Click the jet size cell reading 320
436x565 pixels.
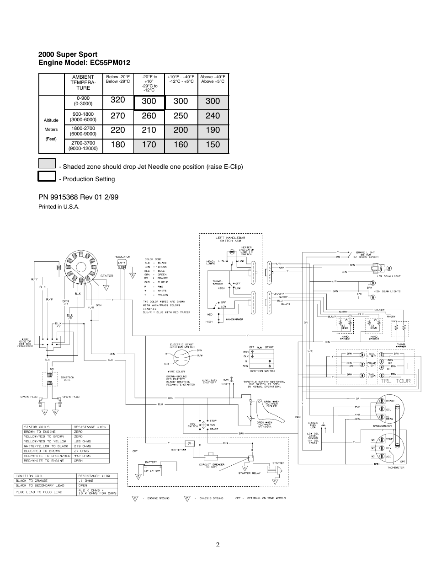tap(117, 102)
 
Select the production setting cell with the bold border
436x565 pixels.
tap(149, 102)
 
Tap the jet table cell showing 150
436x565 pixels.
tap(213, 145)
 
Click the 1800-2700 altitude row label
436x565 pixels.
tap(83, 131)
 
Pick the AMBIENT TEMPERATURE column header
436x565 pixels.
tap(83, 82)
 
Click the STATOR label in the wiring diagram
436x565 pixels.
tap(106, 276)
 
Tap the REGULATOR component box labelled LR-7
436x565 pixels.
tap(122, 263)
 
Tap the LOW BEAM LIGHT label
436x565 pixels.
tap(389, 276)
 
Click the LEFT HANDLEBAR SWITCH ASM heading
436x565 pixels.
tap(230, 239)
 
